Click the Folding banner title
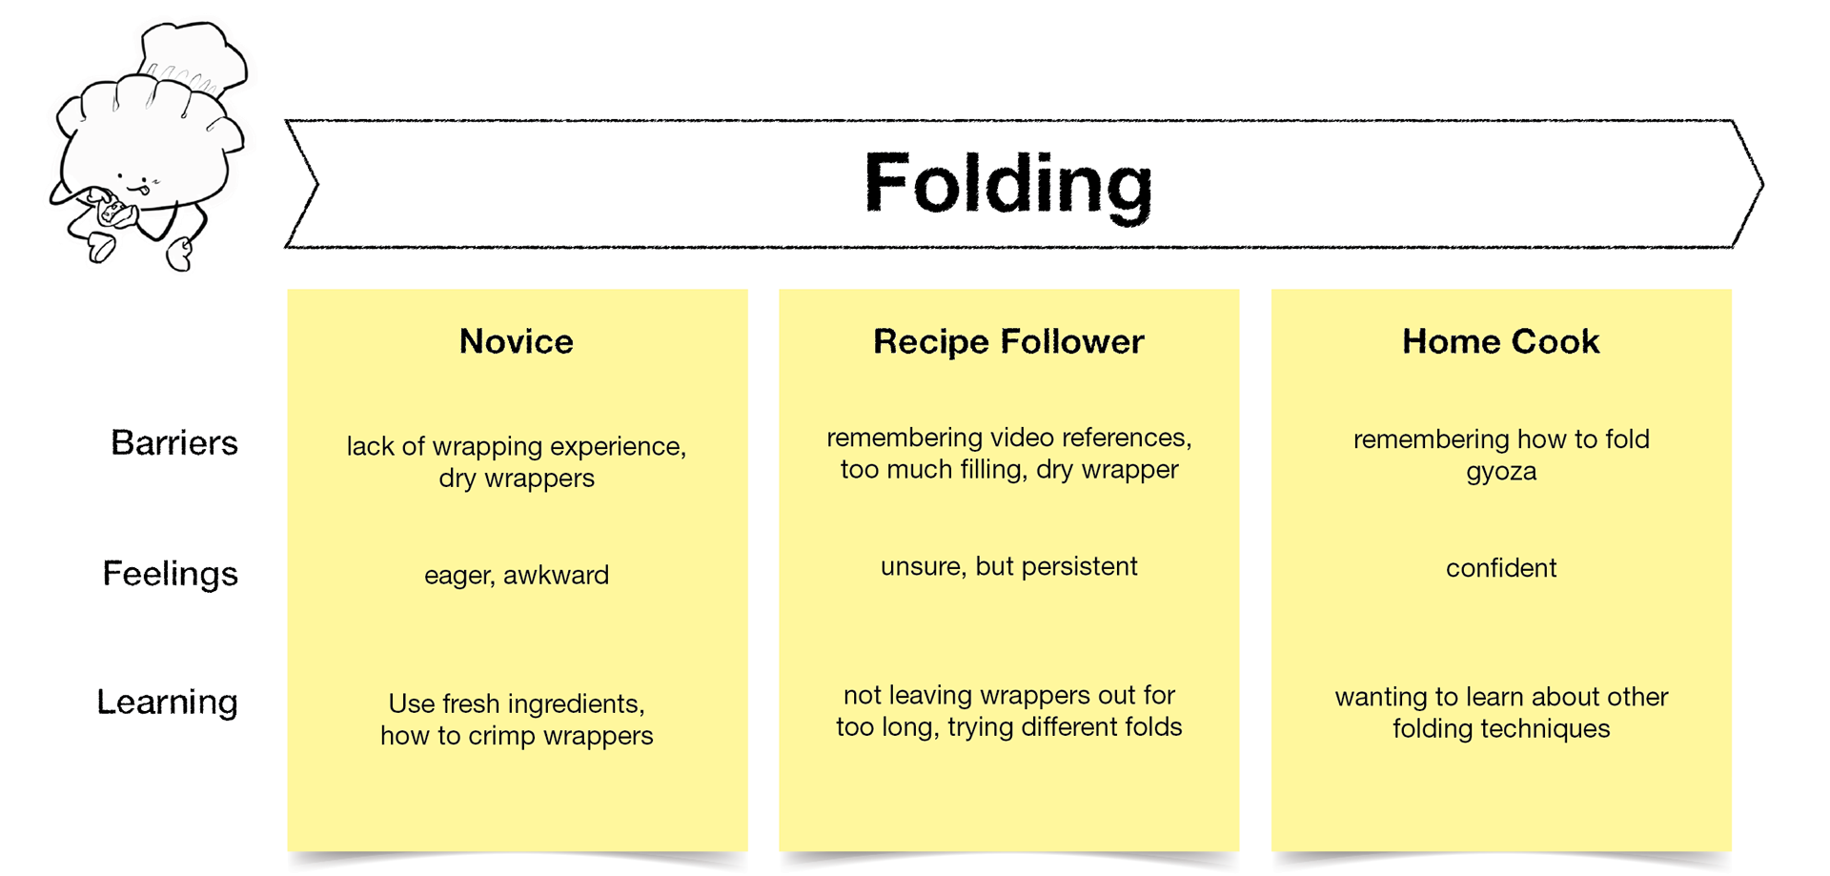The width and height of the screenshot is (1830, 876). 1008,184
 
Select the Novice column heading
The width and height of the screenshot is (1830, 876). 517,341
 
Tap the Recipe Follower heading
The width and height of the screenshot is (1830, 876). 1008,341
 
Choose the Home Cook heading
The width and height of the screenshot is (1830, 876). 1500,341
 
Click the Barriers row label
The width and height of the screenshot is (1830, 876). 174,442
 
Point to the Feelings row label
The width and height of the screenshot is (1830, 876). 170,574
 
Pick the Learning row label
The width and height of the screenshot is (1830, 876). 168,702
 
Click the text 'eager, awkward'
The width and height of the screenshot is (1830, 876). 517,575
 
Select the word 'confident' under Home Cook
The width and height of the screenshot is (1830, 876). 1500,568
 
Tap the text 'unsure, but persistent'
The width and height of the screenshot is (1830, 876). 1008,566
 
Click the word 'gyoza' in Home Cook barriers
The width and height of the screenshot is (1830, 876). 1500,472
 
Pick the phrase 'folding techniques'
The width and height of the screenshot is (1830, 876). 1500,729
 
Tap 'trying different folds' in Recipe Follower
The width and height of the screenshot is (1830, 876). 1065,727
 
